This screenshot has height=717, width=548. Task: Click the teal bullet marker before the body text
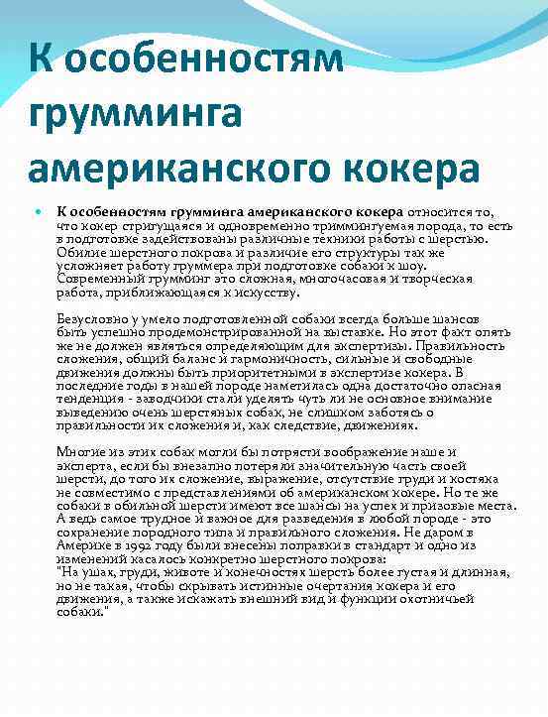point(39,210)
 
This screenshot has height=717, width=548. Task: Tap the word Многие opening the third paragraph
point(81,450)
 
